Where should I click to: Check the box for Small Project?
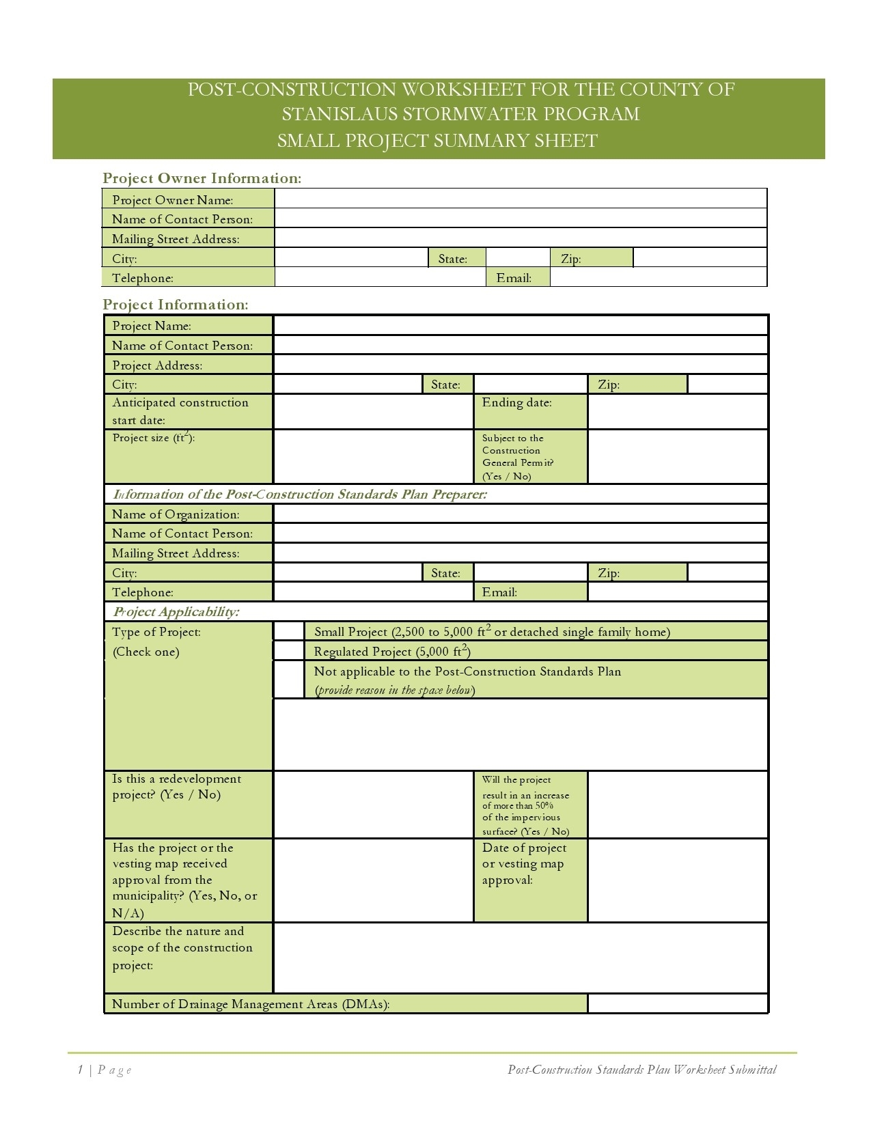tap(289, 631)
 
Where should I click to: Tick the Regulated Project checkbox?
tap(289, 651)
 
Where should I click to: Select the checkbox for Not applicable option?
tap(289, 680)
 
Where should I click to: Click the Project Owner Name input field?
tap(521, 199)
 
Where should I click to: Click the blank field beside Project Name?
tap(521, 325)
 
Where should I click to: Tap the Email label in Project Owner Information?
tap(514, 278)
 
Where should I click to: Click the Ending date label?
tap(516, 403)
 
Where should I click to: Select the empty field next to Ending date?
tap(678, 411)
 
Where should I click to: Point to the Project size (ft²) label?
tap(154, 438)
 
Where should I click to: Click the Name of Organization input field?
tap(521, 514)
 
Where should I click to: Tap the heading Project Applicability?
tap(176, 612)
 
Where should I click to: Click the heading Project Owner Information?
tap(202, 178)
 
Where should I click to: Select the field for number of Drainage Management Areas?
tap(678, 1004)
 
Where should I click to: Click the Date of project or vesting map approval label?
tap(525, 864)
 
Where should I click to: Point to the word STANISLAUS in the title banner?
tap(342, 114)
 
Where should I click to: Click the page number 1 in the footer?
tap(80, 1070)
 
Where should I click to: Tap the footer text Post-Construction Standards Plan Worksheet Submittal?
tap(641, 1070)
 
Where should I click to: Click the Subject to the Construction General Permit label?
tap(517, 457)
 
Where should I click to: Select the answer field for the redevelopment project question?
tap(373, 805)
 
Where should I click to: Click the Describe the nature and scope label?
tap(182, 948)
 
